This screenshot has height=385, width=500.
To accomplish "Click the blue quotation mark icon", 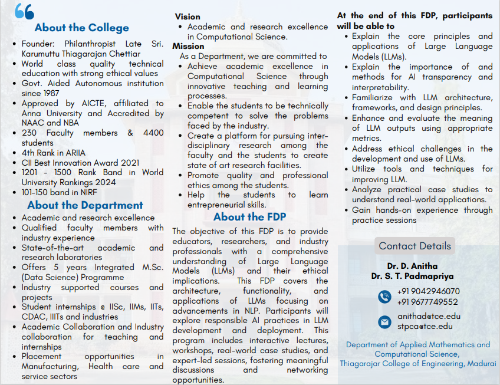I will [x=24, y=11].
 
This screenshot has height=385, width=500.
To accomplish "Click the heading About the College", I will [x=81, y=28].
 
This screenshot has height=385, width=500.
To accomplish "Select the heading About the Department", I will [x=85, y=205].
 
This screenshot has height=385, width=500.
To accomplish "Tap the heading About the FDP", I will [x=249, y=217].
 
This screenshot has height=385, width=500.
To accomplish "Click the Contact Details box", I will [x=415, y=246].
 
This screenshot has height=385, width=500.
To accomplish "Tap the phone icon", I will [x=384, y=297].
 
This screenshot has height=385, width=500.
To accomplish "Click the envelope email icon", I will [x=384, y=321].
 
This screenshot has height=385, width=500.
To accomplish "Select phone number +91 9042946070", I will [x=428, y=291].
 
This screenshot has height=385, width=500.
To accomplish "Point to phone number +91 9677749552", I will [x=427, y=302].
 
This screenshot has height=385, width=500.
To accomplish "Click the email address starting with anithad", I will [x=429, y=316].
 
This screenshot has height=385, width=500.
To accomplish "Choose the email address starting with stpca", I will [x=425, y=326].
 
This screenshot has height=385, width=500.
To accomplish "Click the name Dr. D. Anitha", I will [x=412, y=266].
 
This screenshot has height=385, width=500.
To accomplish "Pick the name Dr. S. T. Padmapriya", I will [x=412, y=276].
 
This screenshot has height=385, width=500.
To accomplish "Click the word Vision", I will [x=187, y=17].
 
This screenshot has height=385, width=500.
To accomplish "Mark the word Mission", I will [x=189, y=46].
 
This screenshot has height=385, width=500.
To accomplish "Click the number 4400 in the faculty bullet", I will [x=153, y=133].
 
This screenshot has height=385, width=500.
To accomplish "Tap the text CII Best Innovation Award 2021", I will [x=80, y=163].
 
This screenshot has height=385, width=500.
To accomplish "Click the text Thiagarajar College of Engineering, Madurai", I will [x=418, y=364].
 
